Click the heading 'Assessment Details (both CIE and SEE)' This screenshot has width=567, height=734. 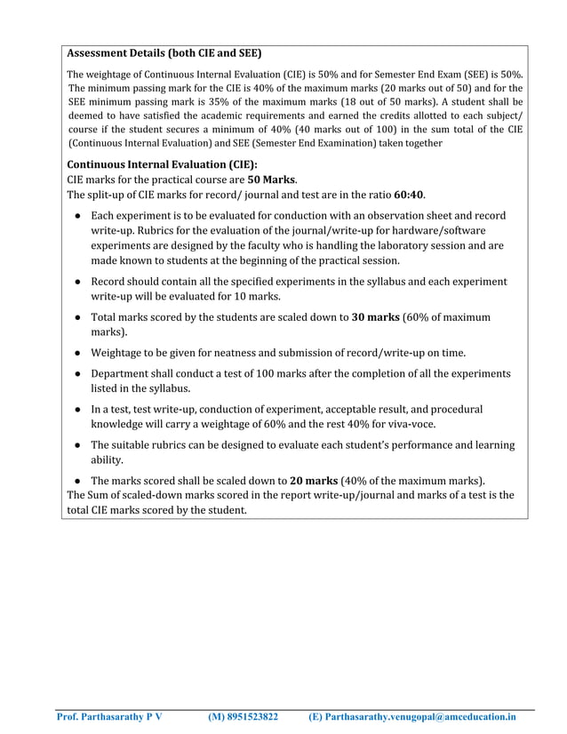[164, 53]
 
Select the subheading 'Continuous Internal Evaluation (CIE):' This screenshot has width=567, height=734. [162, 164]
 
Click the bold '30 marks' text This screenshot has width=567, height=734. [376, 316]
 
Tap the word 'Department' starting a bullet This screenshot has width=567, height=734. [125, 374]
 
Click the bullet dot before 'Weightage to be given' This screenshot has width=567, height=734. [79, 353]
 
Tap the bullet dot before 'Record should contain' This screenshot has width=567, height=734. [79, 282]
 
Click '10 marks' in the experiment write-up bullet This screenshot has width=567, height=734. [258, 296]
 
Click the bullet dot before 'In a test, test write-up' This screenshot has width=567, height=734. [79, 410]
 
